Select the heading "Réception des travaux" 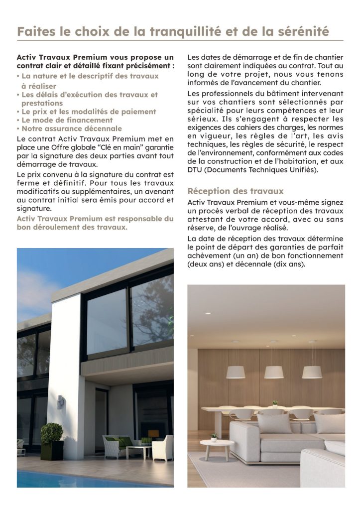pos(236,191)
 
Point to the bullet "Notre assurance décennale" pos(71,128)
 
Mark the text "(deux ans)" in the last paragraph pos(205,264)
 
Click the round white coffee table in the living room pos(217,444)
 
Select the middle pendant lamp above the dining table pos(274,372)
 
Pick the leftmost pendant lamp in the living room pos(236,372)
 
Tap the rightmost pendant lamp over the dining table pos(312,372)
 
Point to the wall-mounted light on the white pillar pos(60,401)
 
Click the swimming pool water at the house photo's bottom pos(75,478)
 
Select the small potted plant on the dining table pos(274,404)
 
